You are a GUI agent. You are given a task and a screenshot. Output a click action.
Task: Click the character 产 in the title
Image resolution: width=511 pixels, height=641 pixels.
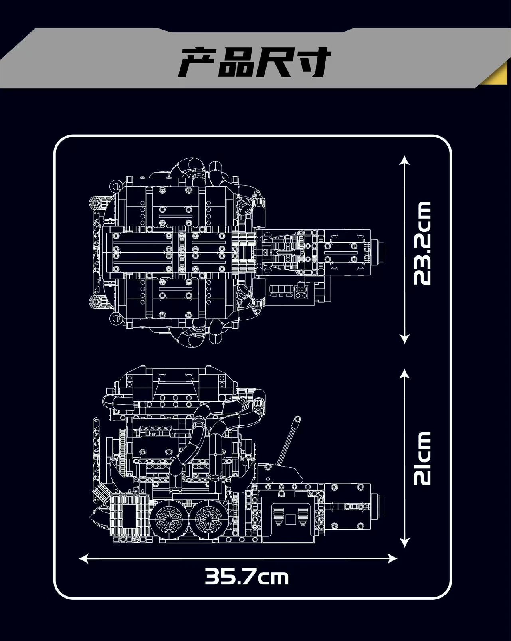[198, 63]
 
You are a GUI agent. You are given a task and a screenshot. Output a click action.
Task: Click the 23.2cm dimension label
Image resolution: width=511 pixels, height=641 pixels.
[422, 243]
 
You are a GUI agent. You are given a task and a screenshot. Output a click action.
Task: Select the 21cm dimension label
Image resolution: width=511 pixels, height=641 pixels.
[422, 458]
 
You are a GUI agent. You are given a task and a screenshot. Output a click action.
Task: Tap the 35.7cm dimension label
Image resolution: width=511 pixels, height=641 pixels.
[247, 577]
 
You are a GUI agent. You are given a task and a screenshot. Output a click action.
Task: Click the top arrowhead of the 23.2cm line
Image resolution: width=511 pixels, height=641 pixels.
[405, 160]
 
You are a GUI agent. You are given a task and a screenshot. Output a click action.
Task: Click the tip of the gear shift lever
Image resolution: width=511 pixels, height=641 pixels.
[297, 419]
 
